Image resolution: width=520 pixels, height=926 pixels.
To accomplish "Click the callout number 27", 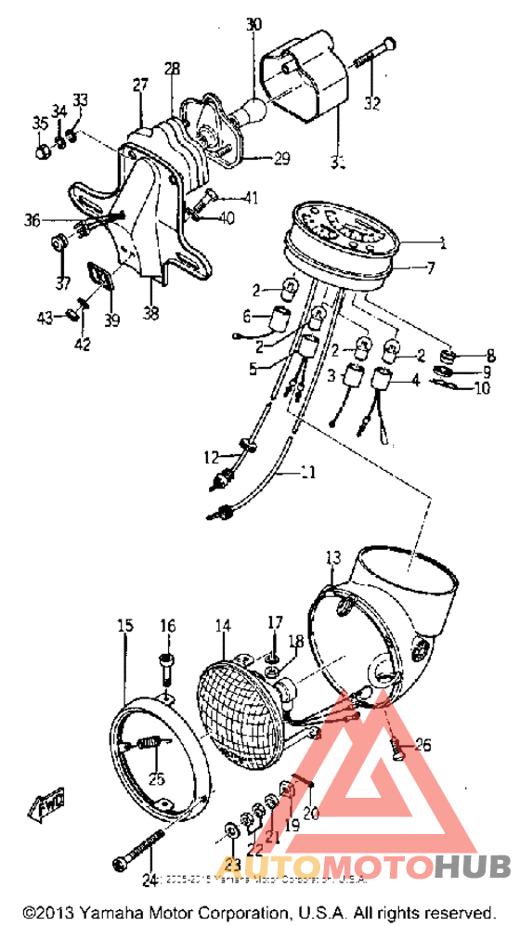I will pos(140,85).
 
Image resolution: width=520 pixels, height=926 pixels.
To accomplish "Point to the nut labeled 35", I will pos(41,150).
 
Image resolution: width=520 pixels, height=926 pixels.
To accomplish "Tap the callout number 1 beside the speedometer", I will pos(443,244).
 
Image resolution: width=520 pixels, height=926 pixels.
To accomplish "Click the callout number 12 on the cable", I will pos(213,456).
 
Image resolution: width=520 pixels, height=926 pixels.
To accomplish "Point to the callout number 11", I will pos(307,473).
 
